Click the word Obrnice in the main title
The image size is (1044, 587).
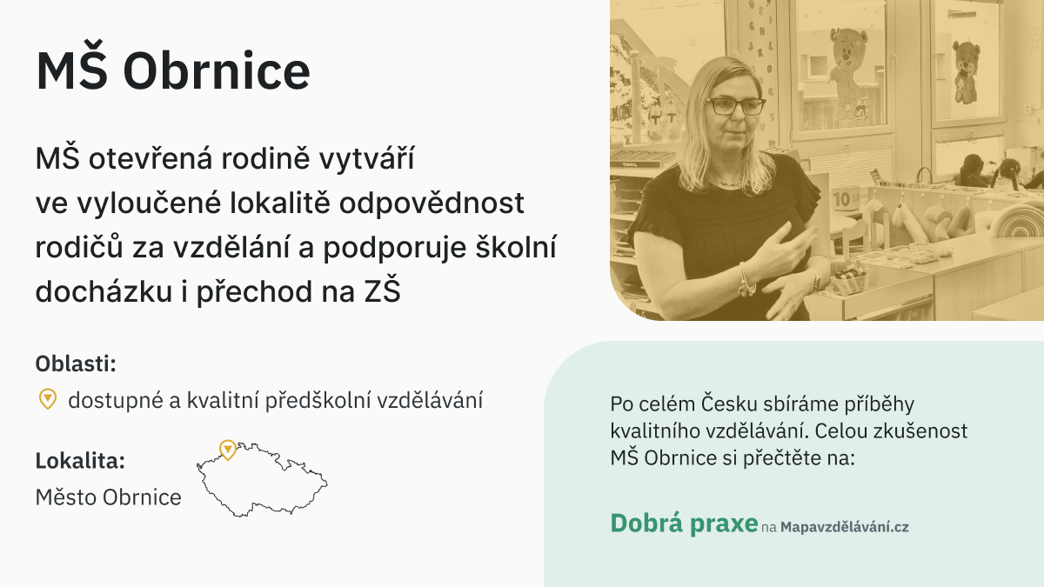pos(217,70)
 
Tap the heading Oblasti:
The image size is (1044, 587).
pos(76,364)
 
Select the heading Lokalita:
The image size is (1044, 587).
pos(80,461)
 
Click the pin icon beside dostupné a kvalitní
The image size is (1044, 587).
pos(48,399)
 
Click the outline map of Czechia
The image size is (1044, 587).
pos(261,480)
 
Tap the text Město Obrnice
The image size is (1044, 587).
pos(108,497)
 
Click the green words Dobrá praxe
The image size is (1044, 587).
pos(684,524)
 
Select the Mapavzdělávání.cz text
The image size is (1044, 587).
pos(845,527)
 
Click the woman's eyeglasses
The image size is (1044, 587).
pos(736,107)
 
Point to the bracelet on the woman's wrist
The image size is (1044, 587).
pos(746,281)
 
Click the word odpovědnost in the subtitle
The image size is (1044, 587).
pos(432,203)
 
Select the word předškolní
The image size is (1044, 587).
pos(321,400)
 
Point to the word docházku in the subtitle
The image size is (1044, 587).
pos(104,291)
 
